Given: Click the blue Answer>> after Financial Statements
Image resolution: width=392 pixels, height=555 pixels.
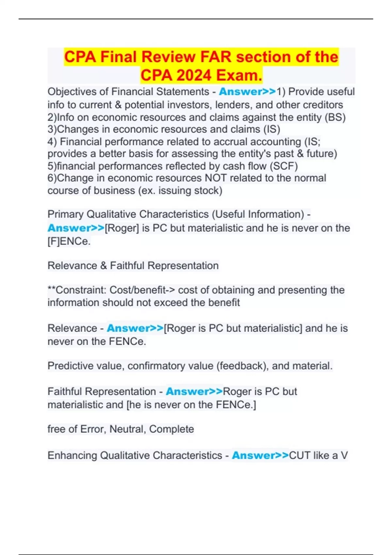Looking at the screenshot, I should (x=247, y=92).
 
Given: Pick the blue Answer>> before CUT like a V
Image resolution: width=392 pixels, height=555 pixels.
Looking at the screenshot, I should (x=260, y=455).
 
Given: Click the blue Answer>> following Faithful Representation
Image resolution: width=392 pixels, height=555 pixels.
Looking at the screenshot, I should (x=194, y=391).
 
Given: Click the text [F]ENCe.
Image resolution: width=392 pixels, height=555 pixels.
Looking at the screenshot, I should (x=69, y=241).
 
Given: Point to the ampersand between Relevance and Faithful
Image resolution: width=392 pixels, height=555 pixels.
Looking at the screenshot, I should (x=104, y=266).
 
